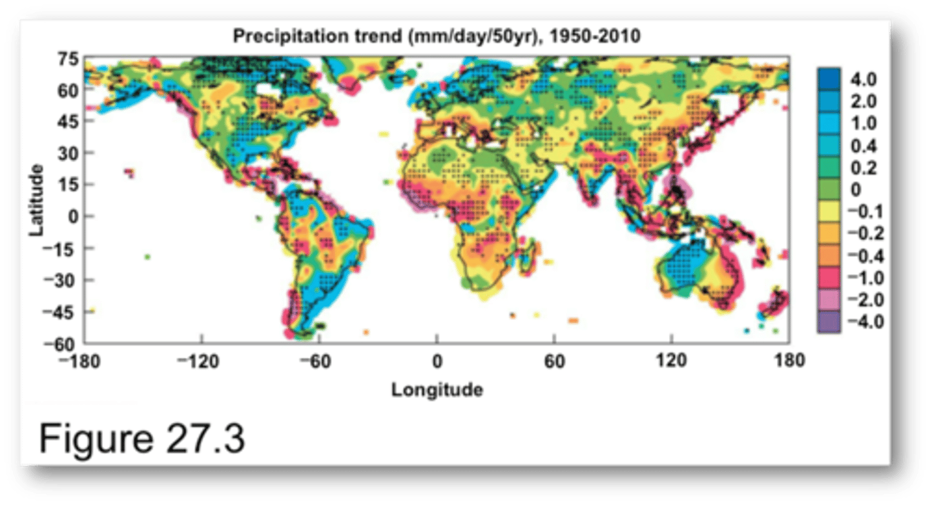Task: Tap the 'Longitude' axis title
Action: click(x=437, y=390)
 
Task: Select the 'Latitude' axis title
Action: click(x=37, y=200)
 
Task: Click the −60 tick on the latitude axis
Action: click(x=66, y=343)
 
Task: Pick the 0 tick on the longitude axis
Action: click(x=437, y=361)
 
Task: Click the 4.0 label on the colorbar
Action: click(x=864, y=80)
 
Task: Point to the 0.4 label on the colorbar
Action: click(x=864, y=146)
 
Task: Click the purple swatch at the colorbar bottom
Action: click(x=829, y=321)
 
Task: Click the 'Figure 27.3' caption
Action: click(x=142, y=439)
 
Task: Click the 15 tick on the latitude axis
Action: click(x=69, y=185)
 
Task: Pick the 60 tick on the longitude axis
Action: click(x=554, y=361)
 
